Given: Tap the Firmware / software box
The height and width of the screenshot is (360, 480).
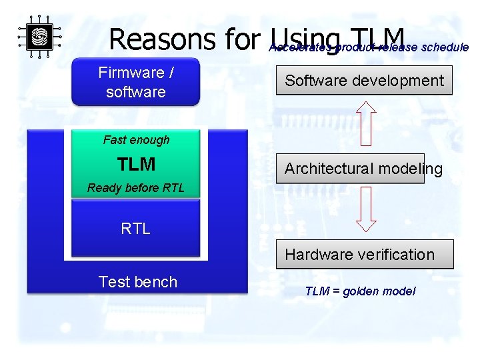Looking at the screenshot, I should (135, 82).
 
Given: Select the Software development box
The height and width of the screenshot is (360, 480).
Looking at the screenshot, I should (364, 81).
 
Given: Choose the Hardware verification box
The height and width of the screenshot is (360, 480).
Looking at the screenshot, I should (365, 254).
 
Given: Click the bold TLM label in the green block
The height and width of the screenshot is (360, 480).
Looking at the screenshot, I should (136, 164).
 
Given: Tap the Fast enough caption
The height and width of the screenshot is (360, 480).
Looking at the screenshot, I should (136, 140).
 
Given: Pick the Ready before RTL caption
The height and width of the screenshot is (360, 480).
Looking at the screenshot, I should (136, 188).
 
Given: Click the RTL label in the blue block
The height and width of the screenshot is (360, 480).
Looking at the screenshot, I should (136, 229).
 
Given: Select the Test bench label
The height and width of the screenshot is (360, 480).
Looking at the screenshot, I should (137, 282).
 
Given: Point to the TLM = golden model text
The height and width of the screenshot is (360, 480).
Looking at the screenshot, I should (360, 291).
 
